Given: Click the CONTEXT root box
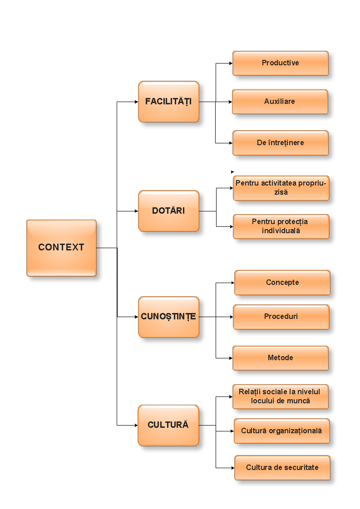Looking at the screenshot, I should click(61, 248).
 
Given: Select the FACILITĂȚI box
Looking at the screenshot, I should click(168, 102).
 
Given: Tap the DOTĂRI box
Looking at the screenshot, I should click(168, 211).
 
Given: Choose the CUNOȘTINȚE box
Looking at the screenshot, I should click(168, 317).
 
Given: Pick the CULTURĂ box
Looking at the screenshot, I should click(168, 425).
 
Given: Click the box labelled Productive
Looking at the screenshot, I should click(280, 63).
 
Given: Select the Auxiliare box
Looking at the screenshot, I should click(280, 102).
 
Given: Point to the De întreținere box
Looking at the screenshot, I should click(280, 143).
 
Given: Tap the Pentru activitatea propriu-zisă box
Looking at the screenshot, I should click(281, 188).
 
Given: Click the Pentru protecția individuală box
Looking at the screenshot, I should click(281, 226).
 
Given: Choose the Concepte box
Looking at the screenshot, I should click(282, 283).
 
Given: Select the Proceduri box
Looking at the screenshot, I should click(281, 317).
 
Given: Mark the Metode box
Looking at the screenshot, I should click(280, 358).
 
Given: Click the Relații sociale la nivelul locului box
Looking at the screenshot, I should click(280, 396).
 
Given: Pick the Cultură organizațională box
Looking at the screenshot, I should click(281, 431).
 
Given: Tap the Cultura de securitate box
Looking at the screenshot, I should click(282, 468).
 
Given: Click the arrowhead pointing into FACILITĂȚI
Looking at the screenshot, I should click(136, 102).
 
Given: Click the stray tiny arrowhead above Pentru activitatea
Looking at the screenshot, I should click(232, 172).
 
